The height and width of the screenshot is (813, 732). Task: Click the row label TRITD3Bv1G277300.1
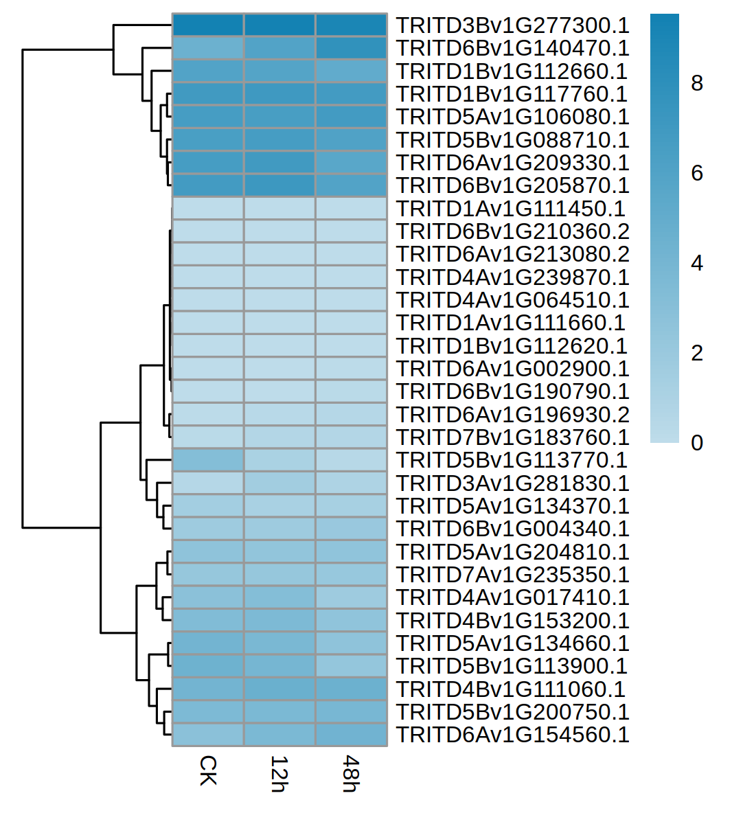[x=512, y=25]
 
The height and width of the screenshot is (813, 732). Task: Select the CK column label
[x=207, y=770]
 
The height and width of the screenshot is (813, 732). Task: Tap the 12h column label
[x=279, y=774]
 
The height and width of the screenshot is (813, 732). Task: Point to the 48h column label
[x=351, y=774]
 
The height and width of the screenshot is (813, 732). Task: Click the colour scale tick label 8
[x=697, y=83]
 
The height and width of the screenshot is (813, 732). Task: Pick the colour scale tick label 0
[x=697, y=443]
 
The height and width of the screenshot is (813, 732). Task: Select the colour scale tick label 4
[x=697, y=263]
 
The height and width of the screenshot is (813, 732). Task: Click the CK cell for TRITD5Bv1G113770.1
[x=208, y=460]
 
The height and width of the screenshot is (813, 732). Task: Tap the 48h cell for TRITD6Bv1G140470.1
[x=352, y=48]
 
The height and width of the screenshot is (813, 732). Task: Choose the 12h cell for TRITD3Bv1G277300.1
[x=279, y=25]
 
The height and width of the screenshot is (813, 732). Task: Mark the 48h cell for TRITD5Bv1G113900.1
[x=352, y=666]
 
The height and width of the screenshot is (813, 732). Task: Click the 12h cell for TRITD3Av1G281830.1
[x=279, y=483]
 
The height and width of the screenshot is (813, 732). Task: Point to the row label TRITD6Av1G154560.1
[x=512, y=735]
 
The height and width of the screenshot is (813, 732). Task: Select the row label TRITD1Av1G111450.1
[x=510, y=209]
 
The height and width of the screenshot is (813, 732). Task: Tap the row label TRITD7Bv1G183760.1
[x=512, y=437]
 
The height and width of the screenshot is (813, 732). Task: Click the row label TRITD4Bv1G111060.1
[x=510, y=689]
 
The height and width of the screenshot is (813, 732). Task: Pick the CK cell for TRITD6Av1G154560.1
[x=208, y=735]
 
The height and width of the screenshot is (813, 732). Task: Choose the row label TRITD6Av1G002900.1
[x=512, y=369]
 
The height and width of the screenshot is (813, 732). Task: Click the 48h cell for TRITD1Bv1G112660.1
[x=352, y=71]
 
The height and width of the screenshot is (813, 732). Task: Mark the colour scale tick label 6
[x=697, y=173]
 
